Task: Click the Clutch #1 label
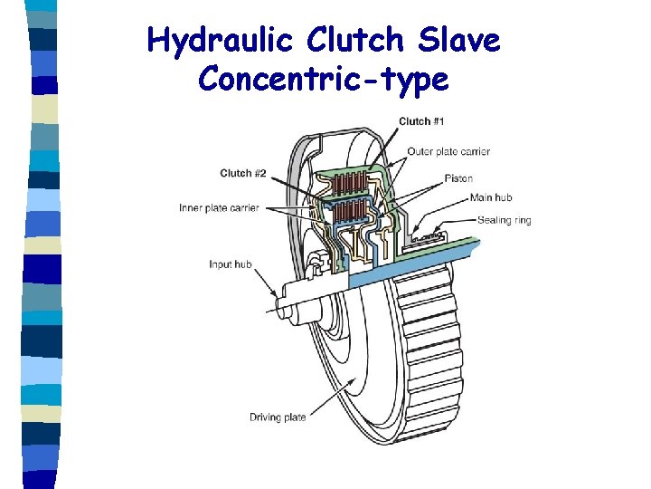point(423,121)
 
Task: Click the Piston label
point(458,178)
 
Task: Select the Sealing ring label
point(504,220)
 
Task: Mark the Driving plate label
point(278,417)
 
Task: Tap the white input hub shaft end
point(303,303)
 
